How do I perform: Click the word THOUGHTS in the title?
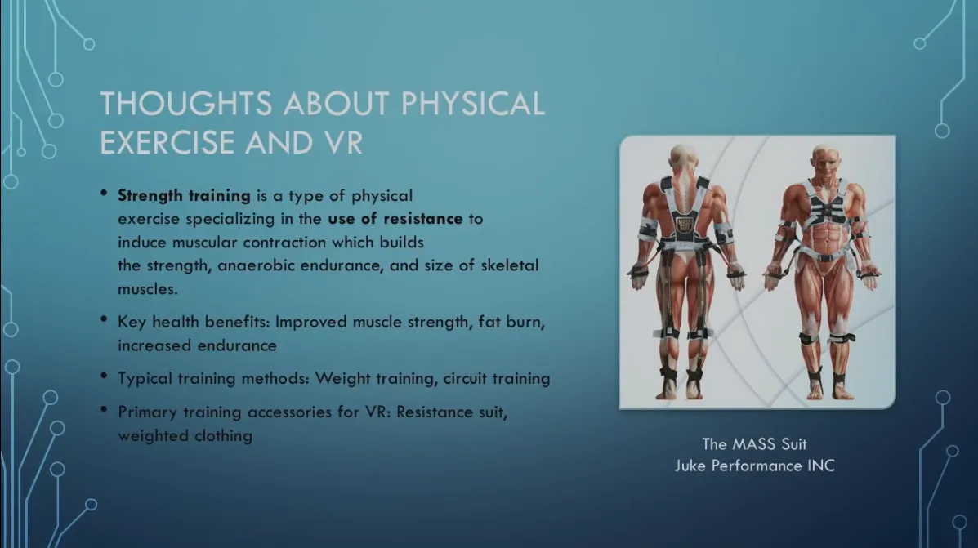(x=185, y=104)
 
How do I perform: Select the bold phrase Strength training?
(x=184, y=196)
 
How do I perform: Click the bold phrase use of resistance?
(x=395, y=219)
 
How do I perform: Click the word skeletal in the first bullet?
(x=510, y=265)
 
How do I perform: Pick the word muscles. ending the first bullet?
(x=148, y=289)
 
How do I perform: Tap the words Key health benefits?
(x=193, y=322)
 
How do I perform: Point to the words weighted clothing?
(x=185, y=435)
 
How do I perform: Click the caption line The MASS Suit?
(x=754, y=444)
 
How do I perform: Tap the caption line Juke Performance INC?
(x=755, y=466)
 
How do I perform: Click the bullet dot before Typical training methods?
(x=104, y=376)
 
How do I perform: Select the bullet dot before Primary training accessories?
(x=104, y=410)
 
